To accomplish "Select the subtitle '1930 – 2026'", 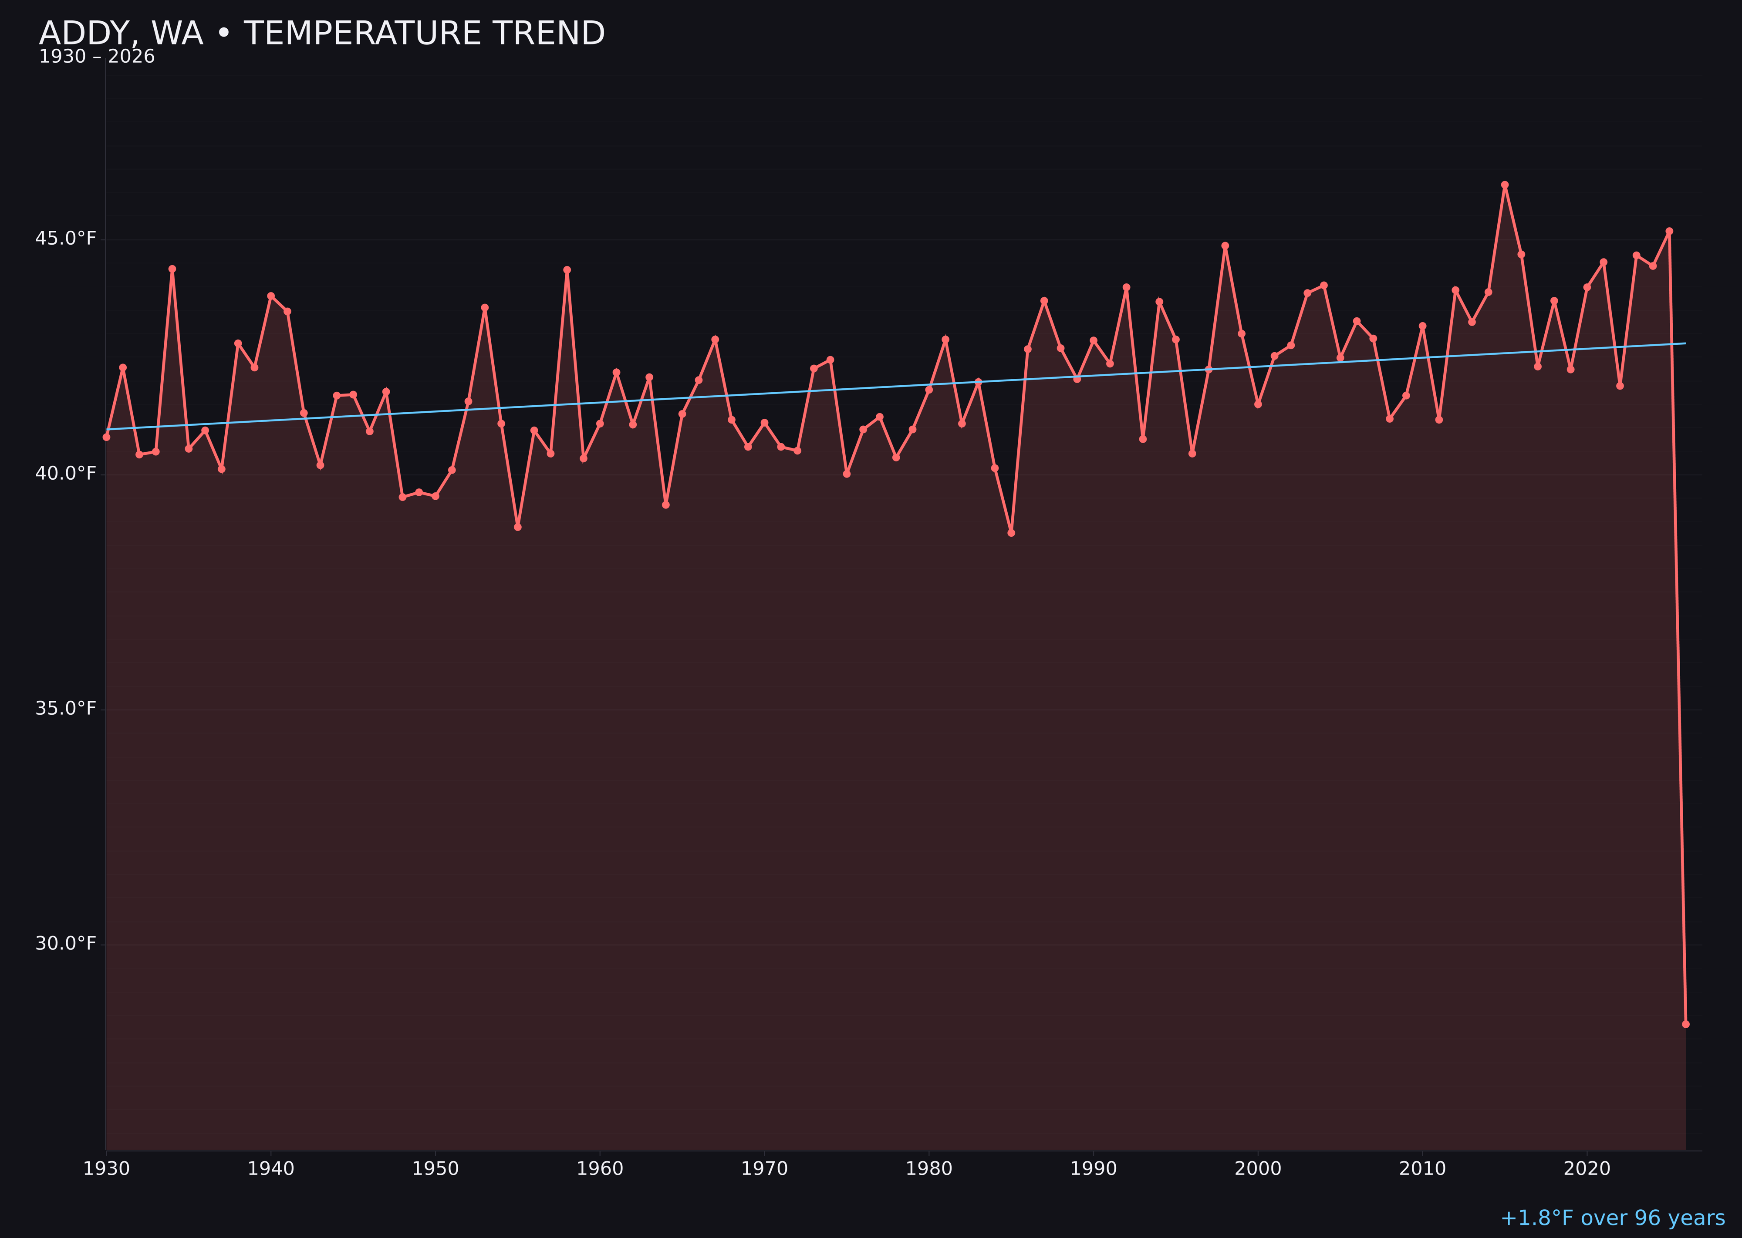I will (97, 57).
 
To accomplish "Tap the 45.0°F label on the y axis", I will (66, 239).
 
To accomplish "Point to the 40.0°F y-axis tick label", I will (66, 474).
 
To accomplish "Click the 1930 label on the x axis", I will (107, 1169).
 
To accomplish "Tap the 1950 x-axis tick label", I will (435, 1169).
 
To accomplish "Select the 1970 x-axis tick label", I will (764, 1169).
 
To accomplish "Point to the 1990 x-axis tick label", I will (1094, 1169).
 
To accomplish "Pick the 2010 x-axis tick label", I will (1422, 1169).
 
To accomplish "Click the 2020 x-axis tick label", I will (1587, 1169).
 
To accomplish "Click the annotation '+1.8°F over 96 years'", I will (1612, 1218).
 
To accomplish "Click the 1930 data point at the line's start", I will (107, 437).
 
